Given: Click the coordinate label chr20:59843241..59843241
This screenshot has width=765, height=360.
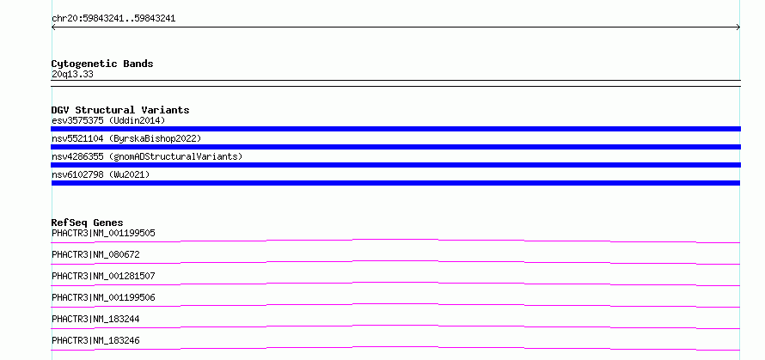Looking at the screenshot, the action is (x=113, y=19).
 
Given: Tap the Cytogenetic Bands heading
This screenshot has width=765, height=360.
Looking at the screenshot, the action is (x=102, y=64).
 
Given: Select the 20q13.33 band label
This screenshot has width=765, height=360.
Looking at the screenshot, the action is (x=72, y=75).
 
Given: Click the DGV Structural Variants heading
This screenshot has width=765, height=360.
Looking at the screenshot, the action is (x=120, y=110).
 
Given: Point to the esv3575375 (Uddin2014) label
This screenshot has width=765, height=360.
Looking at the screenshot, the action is (x=108, y=120).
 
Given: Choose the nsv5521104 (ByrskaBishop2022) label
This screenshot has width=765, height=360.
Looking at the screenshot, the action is (x=126, y=138).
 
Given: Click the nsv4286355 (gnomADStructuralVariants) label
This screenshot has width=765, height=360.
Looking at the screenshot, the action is (x=147, y=156).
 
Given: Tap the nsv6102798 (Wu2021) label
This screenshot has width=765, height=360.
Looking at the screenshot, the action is (x=101, y=174).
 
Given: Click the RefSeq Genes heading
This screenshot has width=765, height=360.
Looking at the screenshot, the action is (x=88, y=223).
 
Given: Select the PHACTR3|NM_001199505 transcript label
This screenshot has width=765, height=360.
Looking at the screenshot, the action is (x=103, y=233).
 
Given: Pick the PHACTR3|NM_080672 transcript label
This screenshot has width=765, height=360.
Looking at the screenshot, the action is (x=95, y=254).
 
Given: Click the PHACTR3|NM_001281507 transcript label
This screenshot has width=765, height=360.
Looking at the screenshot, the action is (x=103, y=276).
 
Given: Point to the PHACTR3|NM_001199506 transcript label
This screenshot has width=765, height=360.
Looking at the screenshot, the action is (x=103, y=297).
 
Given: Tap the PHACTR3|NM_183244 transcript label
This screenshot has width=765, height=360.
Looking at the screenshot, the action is (x=95, y=319).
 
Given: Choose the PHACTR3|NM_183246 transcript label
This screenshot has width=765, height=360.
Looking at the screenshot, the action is (x=95, y=340).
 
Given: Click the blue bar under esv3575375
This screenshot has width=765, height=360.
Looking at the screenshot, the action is (x=395, y=129).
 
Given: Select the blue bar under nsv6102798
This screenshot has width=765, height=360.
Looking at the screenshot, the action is (x=395, y=183).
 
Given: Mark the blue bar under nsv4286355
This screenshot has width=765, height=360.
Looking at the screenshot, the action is (x=395, y=165).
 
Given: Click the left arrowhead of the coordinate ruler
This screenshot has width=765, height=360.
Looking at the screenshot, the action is (x=52, y=27).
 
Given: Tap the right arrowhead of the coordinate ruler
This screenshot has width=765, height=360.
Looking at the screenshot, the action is (x=739, y=27).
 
